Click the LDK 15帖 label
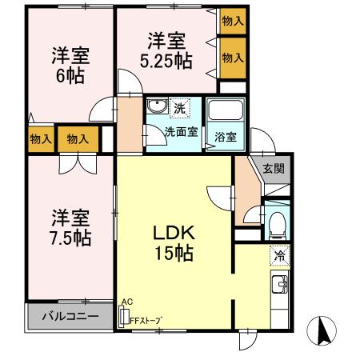(173, 243)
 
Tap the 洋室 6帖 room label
(70, 66)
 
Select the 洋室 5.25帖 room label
(166, 49)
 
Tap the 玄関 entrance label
(273, 169)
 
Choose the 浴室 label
(226, 136)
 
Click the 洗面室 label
(182, 132)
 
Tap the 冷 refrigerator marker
(280, 256)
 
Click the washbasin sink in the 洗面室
(157, 107)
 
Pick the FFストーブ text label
(146, 321)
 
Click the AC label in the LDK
(126, 302)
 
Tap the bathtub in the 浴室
(225, 114)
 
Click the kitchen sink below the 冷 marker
(280, 285)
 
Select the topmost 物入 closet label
(233, 22)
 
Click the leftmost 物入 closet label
(40, 139)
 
